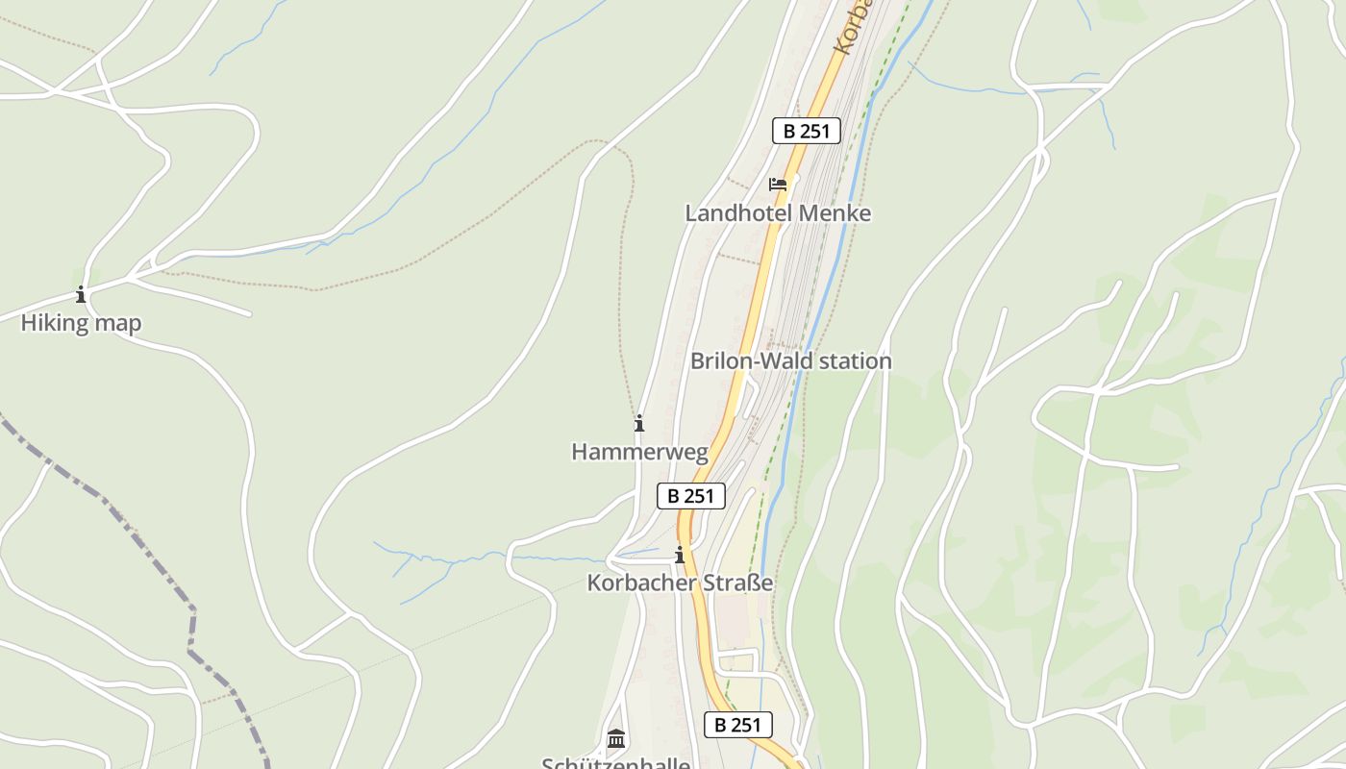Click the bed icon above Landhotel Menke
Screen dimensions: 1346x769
778,184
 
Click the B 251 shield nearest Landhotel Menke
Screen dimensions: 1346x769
806,131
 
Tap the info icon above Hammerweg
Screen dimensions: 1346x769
639,423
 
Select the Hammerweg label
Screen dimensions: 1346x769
639,452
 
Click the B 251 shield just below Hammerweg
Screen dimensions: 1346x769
690,496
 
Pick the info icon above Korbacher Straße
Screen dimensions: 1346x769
680,556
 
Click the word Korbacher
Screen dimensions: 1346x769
638,583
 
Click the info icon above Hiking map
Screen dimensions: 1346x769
81,295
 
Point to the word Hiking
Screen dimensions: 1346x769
55,323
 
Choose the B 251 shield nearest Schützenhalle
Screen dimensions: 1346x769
737,725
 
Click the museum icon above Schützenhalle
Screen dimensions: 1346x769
616,738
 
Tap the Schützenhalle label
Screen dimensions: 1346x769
615,763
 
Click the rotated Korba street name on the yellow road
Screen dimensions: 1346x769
852,27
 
